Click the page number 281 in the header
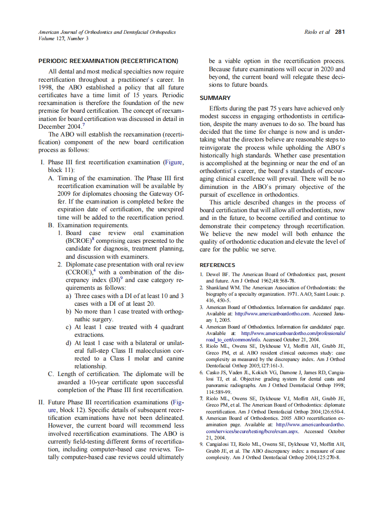[340, 32]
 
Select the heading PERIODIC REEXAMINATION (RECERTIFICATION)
[108, 61]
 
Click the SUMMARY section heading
[215, 98]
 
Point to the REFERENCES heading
[218, 265]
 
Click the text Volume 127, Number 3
[64, 38]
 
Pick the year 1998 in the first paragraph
[47, 87]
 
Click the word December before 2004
[54, 126]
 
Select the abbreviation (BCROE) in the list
[80, 241]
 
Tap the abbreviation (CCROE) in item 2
[80, 272]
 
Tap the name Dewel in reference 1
[214, 275]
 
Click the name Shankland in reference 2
[218, 288]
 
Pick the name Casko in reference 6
[214, 373]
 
